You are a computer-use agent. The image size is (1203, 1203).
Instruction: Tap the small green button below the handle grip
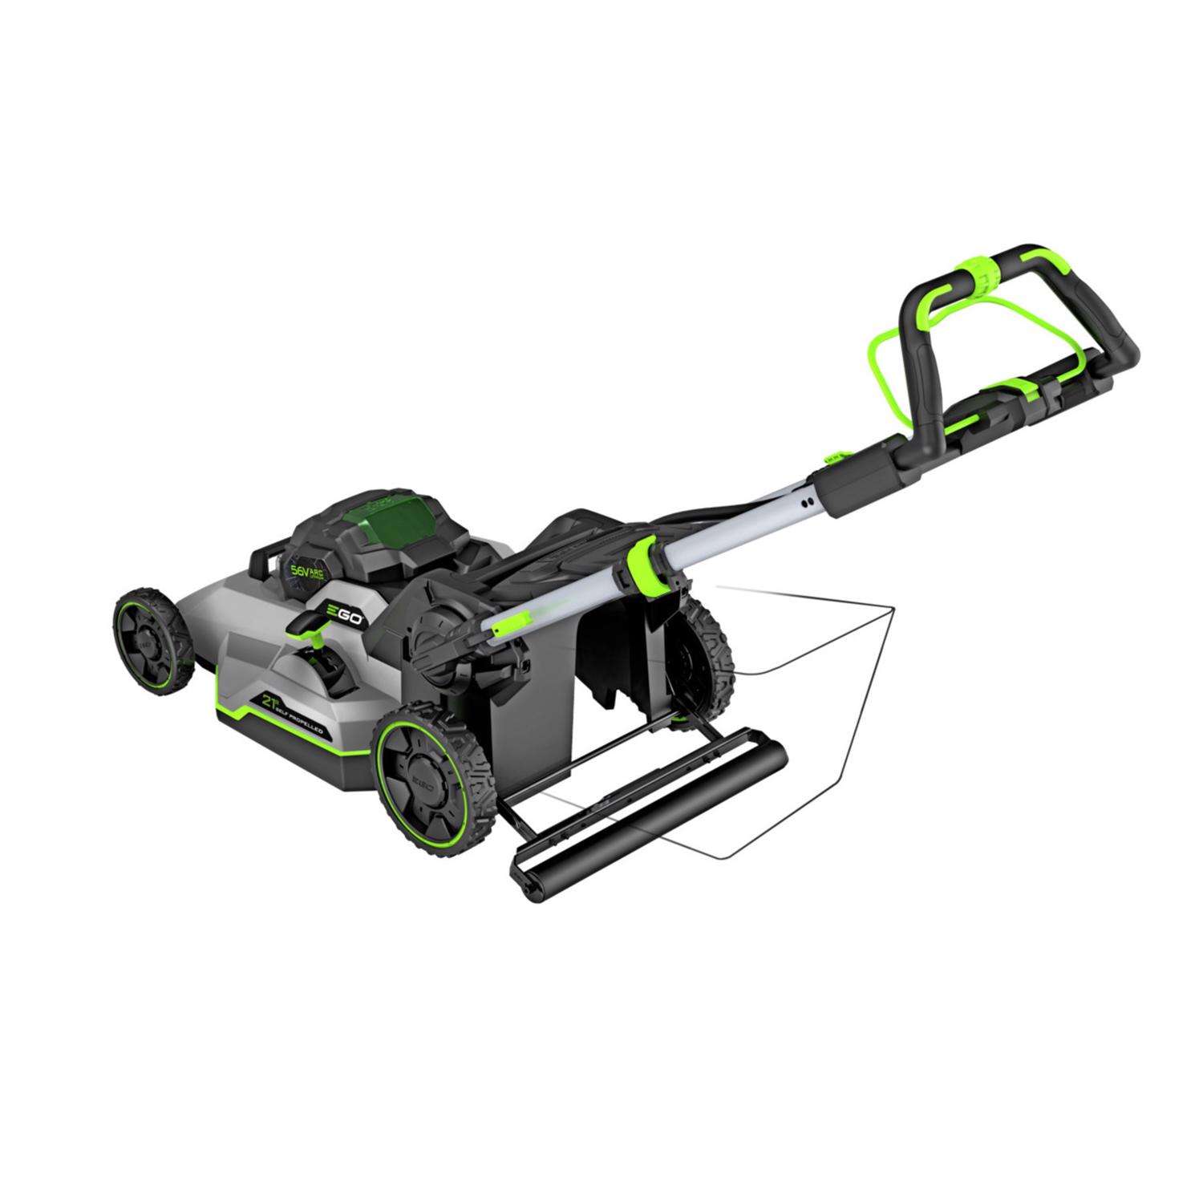(835, 455)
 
